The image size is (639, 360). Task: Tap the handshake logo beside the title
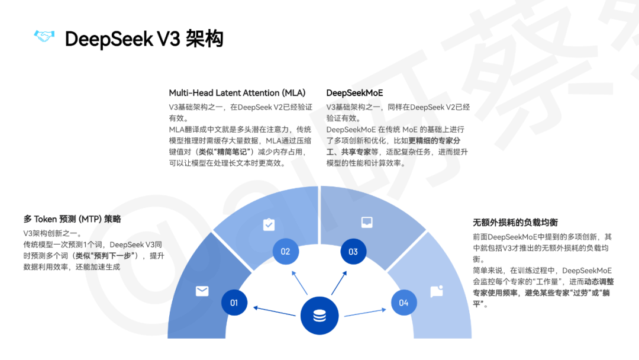click(x=44, y=37)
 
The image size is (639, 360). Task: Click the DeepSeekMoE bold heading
click(x=354, y=93)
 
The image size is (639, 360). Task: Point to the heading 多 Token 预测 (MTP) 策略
click(x=72, y=218)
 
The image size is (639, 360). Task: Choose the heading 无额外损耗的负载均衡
click(x=515, y=223)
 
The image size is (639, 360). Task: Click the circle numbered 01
click(x=234, y=303)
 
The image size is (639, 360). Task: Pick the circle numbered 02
click(x=285, y=252)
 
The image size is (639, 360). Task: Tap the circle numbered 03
click(x=353, y=252)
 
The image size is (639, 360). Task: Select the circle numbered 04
click(x=404, y=303)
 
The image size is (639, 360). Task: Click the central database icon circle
click(x=319, y=316)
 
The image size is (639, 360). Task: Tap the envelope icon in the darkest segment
click(x=202, y=291)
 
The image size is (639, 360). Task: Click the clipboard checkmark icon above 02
click(x=269, y=224)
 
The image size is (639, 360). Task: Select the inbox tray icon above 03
click(x=367, y=223)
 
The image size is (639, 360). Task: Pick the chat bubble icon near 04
click(x=437, y=291)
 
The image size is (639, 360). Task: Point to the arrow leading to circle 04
click(x=367, y=311)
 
